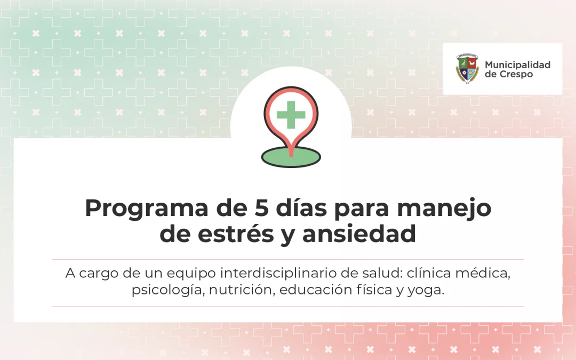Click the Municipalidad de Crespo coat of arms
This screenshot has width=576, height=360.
(x=467, y=69)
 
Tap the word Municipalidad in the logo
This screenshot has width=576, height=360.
(x=517, y=65)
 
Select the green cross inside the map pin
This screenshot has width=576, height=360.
(x=291, y=115)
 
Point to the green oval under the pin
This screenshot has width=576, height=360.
(x=291, y=157)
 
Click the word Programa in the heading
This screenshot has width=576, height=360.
(x=147, y=209)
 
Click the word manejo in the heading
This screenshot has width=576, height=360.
(x=444, y=209)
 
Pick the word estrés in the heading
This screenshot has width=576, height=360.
(x=236, y=234)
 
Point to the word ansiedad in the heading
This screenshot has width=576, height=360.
(x=359, y=234)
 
